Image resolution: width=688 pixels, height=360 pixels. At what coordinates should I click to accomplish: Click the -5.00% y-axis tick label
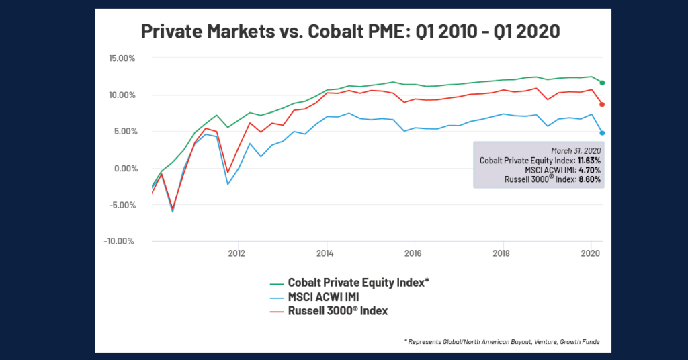pos(122,205)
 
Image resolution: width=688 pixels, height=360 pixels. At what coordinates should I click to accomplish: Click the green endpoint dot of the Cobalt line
pos(602,83)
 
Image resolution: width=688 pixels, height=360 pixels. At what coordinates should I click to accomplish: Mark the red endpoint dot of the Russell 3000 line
pos(602,104)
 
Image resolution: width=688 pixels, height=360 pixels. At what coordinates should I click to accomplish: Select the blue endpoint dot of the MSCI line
pos(602,133)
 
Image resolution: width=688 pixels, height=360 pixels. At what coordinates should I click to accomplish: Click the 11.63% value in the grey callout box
pos(589,161)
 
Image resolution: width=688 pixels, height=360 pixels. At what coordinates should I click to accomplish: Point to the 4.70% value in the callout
pos(591,170)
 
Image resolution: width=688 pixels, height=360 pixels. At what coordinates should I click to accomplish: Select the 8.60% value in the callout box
pos(591,180)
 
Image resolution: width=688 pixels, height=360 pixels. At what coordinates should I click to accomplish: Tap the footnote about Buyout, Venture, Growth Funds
pos(502,342)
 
